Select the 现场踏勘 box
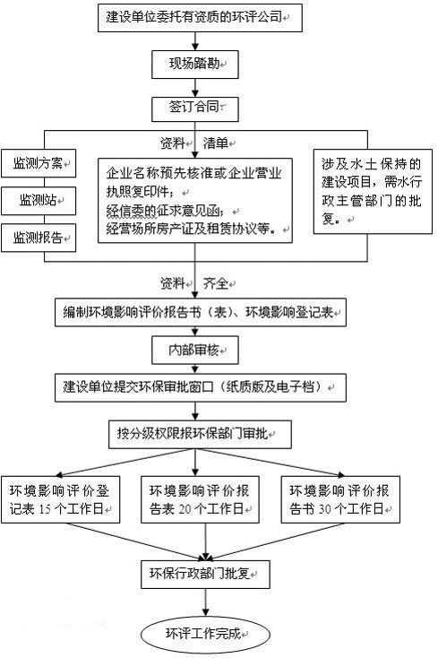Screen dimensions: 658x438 tap(195, 63)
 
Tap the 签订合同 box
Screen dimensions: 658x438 tap(195, 108)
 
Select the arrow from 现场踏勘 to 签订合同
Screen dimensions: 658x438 tap(195, 85)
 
